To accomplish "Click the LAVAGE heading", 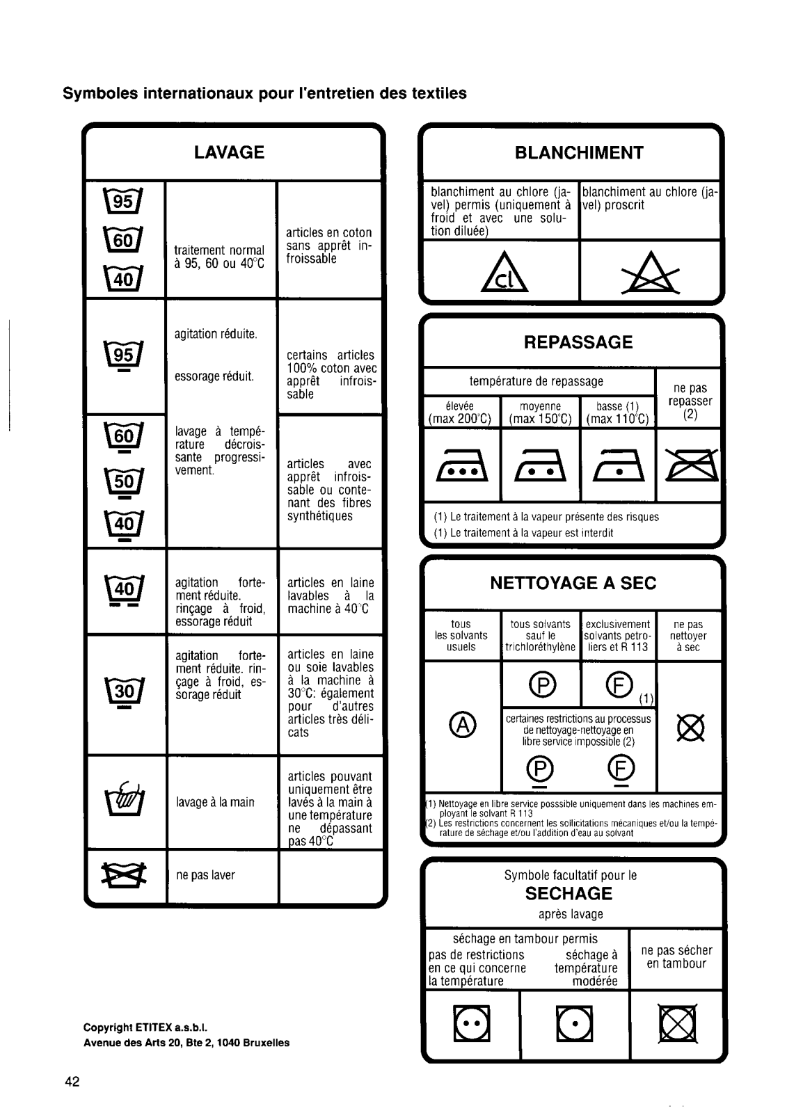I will (229, 152).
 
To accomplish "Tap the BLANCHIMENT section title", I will (579, 153).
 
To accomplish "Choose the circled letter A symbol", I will (462, 726).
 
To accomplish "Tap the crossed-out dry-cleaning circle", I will (691, 728).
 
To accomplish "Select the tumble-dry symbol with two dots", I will (472, 1024).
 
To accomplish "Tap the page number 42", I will (72, 1082).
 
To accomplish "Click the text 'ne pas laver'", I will (205, 875).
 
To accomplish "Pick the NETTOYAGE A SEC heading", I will (573, 583).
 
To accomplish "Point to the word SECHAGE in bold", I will (569, 894).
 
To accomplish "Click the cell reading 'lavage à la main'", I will (215, 802).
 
